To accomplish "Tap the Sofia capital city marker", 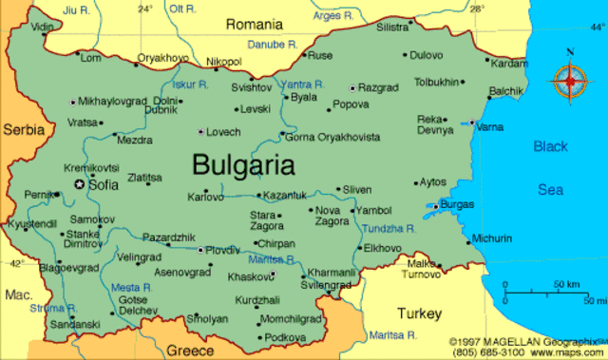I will (80, 184).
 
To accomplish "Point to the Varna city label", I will (490, 126).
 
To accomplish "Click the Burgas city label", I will (457, 204).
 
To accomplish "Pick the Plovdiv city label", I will (224, 250).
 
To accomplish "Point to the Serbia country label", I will (24, 127).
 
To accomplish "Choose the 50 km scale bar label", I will (567, 284).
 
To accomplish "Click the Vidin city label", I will (43, 27).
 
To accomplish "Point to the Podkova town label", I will (285, 337).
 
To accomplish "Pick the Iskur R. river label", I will (190, 84).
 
